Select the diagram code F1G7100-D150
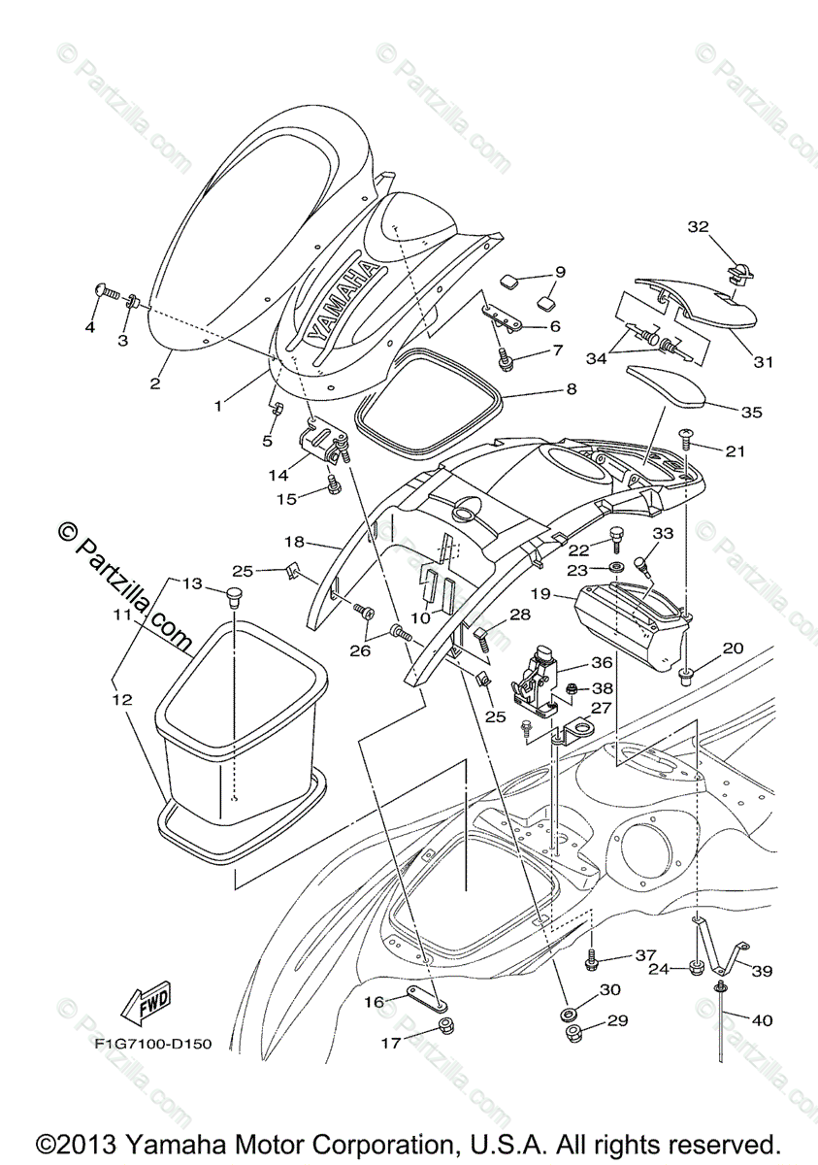tap(153, 1045)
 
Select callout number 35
tap(751, 412)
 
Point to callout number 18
tap(295, 540)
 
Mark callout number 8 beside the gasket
tap(571, 389)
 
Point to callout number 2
tap(154, 383)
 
